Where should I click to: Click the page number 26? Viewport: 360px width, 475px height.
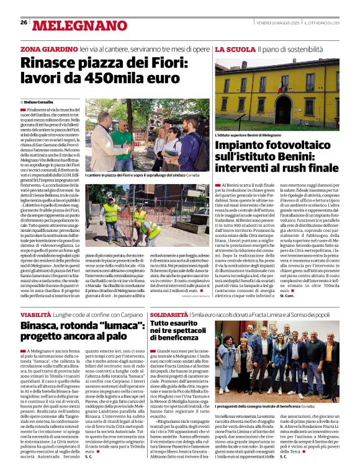click(24, 23)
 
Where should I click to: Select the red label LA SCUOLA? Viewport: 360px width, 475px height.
click(234, 48)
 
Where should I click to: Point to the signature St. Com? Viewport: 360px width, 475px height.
click(286, 296)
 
